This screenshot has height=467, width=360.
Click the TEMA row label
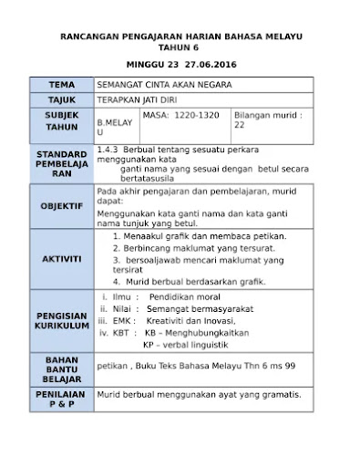point(62,85)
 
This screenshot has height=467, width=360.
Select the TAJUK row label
point(62,100)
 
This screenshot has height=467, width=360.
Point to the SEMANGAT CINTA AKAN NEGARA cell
point(164,85)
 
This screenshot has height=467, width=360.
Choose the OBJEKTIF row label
point(62,206)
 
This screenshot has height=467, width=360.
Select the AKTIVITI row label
point(62,258)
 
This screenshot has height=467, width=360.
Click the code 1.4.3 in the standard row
point(107,147)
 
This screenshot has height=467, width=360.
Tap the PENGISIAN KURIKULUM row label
point(62,320)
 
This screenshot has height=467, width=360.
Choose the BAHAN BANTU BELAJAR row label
point(62,368)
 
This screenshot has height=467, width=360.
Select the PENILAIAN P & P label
point(62,399)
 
